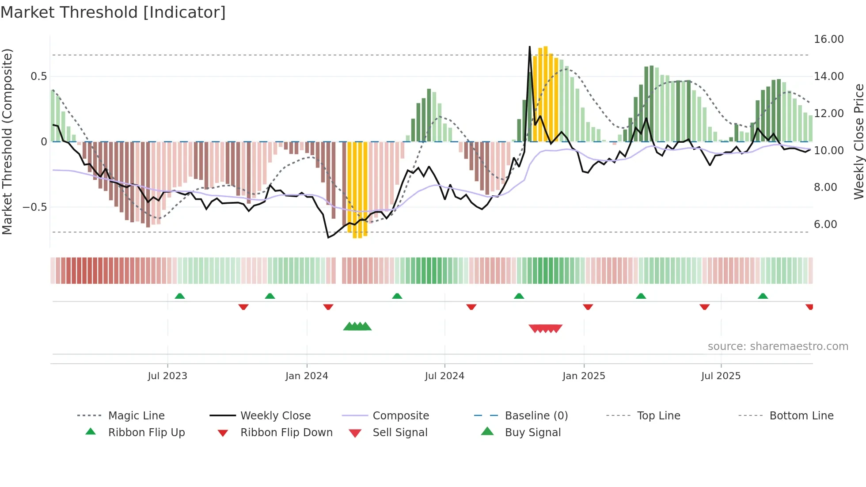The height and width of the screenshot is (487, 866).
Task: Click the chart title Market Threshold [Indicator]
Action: point(113,12)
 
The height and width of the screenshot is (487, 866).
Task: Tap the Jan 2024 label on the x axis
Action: point(307,376)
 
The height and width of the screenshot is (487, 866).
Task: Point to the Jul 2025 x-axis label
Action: point(721,376)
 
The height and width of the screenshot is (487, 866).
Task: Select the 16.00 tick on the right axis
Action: point(828,39)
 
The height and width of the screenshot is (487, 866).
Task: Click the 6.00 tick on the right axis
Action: point(825,224)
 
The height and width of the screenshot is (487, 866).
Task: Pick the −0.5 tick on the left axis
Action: point(34,207)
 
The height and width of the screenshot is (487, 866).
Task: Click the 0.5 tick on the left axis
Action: point(38,76)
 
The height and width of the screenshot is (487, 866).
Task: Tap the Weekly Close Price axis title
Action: point(858,141)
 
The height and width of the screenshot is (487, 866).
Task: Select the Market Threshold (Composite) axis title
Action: point(7,141)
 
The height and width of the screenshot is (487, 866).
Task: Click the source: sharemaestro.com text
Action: point(778,346)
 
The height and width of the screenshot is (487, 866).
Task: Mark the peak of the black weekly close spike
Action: point(530,46)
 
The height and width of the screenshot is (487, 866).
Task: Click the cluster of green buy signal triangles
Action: point(357,327)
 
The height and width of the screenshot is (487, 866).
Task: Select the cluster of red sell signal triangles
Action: point(546,328)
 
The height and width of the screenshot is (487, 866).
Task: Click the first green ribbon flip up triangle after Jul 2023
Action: point(180,296)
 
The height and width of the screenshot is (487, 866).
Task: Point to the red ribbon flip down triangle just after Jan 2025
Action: point(588,307)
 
